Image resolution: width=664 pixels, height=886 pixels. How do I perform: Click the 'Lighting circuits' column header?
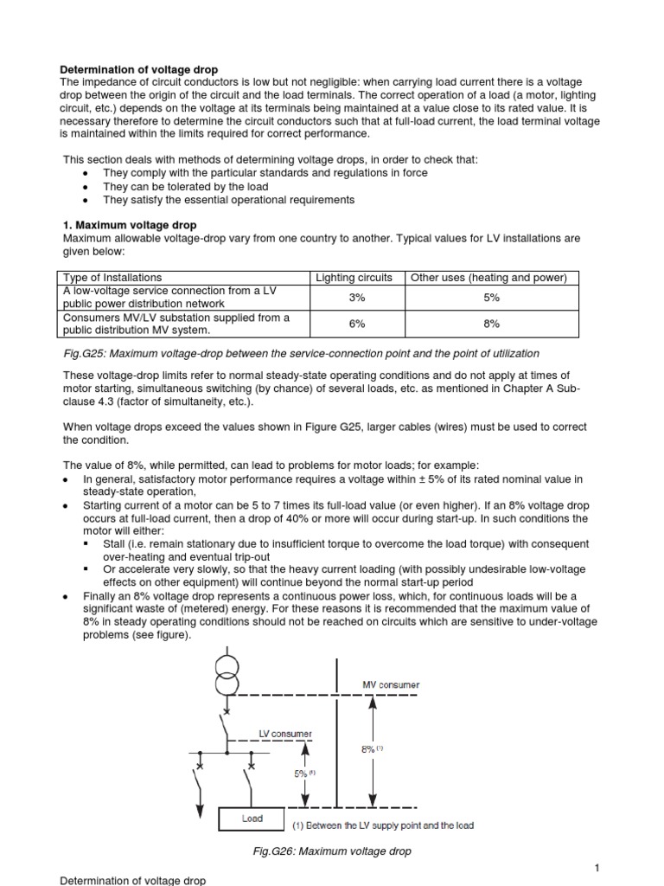(x=354, y=278)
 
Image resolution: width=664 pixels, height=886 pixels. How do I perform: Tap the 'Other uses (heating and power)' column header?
(x=488, y=278)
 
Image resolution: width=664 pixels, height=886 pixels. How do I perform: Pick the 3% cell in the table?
(x=354, y=298)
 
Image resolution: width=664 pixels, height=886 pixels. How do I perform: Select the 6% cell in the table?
(x=354, y=324)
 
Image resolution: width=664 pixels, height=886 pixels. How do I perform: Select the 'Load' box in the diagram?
(x=252, y=817)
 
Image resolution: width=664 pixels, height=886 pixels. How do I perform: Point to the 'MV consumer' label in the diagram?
(x=390, y=684)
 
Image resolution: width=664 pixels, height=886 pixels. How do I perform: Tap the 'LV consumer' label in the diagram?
(x=285, y=734)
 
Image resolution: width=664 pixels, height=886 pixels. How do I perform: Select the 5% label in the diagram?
(x=303, y=774)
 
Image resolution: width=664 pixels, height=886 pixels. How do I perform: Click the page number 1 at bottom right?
(x=597, y=867)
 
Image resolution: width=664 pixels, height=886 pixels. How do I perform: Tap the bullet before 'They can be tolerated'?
(x=83, y=187)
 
